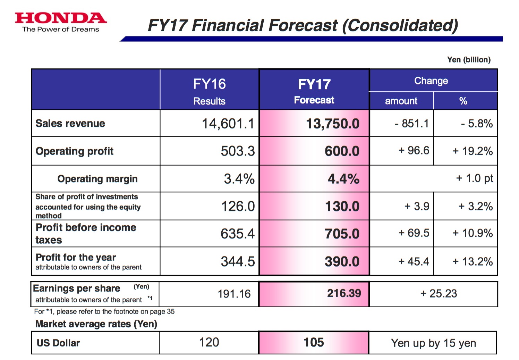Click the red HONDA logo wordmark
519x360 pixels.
61,18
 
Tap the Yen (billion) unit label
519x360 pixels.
469,60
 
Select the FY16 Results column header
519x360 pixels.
209,91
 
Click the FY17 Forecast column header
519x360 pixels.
314,91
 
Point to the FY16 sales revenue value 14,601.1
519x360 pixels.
228,124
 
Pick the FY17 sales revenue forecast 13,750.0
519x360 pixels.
332,124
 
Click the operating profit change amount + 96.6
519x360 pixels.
414,151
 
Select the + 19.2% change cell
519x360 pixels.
473,151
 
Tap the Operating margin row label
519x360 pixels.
97,179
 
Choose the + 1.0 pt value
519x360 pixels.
474,178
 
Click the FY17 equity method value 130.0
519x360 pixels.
342,206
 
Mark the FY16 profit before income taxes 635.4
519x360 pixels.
238,234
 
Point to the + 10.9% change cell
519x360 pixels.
473,233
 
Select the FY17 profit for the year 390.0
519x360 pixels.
342,261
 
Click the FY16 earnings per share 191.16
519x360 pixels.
234,294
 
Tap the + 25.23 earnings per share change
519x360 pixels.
439,294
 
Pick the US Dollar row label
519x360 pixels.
58,343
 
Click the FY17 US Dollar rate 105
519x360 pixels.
314,342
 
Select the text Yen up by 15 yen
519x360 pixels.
433,343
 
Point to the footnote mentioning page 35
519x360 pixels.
104,311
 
